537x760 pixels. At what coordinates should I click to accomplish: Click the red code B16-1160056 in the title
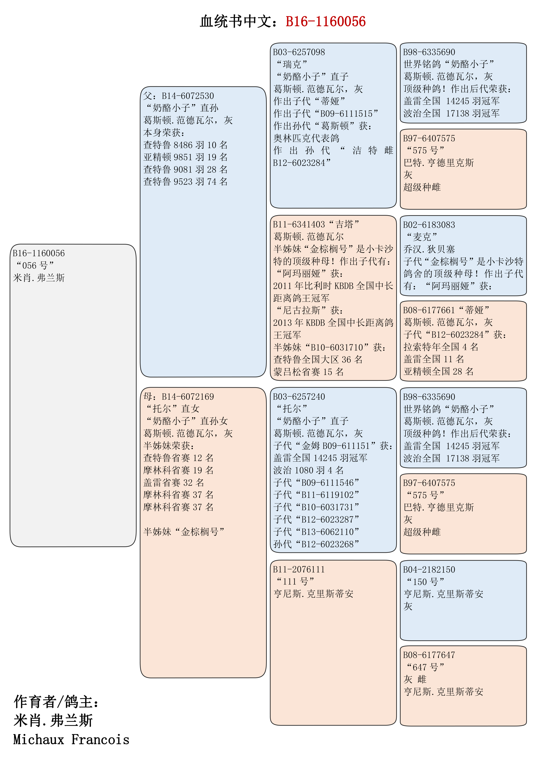click(x=325, y=22)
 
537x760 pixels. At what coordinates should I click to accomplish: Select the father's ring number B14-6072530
click(x=188, y=96)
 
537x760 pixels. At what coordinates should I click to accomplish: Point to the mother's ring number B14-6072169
click(x=188, y=397)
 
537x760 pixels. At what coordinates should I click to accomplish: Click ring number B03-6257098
click(x=299, y=52)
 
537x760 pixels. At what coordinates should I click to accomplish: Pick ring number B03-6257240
click(x=299, y=397)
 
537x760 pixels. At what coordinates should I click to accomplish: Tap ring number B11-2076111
click(x=299, y=569)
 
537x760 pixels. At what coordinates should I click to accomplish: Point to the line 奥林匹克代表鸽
click(x=306, y=138)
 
